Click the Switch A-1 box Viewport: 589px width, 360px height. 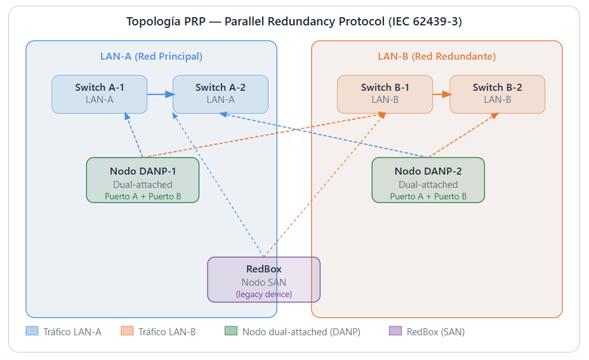coord(99,94)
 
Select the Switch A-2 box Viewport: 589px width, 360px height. coord(220,94)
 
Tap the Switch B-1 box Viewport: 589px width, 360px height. coord(385,94)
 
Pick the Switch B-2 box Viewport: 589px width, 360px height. coord(498,94)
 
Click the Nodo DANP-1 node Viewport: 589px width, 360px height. coord(143,180)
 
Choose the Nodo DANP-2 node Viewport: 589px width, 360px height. coord(428,180)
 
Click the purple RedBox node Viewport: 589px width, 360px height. coord(263,279)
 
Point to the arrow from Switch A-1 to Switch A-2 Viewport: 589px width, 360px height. coord(161,95)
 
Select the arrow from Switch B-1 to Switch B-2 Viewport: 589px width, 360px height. coord(442,95)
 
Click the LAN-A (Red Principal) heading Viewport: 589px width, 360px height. coord(152,57)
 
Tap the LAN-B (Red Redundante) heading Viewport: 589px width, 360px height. coord(437,57)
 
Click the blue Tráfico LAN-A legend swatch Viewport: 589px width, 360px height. coord(32,331)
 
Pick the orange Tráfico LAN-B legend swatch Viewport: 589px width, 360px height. coord(127,331)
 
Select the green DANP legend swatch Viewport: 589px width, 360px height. coord(231,331)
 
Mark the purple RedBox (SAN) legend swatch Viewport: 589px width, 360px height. coord(395,331)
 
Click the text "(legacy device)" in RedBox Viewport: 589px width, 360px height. coord(263,294)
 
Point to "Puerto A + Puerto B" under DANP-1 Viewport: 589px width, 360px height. coord(143,196)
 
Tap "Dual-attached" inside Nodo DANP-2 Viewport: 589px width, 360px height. coord(428,185)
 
